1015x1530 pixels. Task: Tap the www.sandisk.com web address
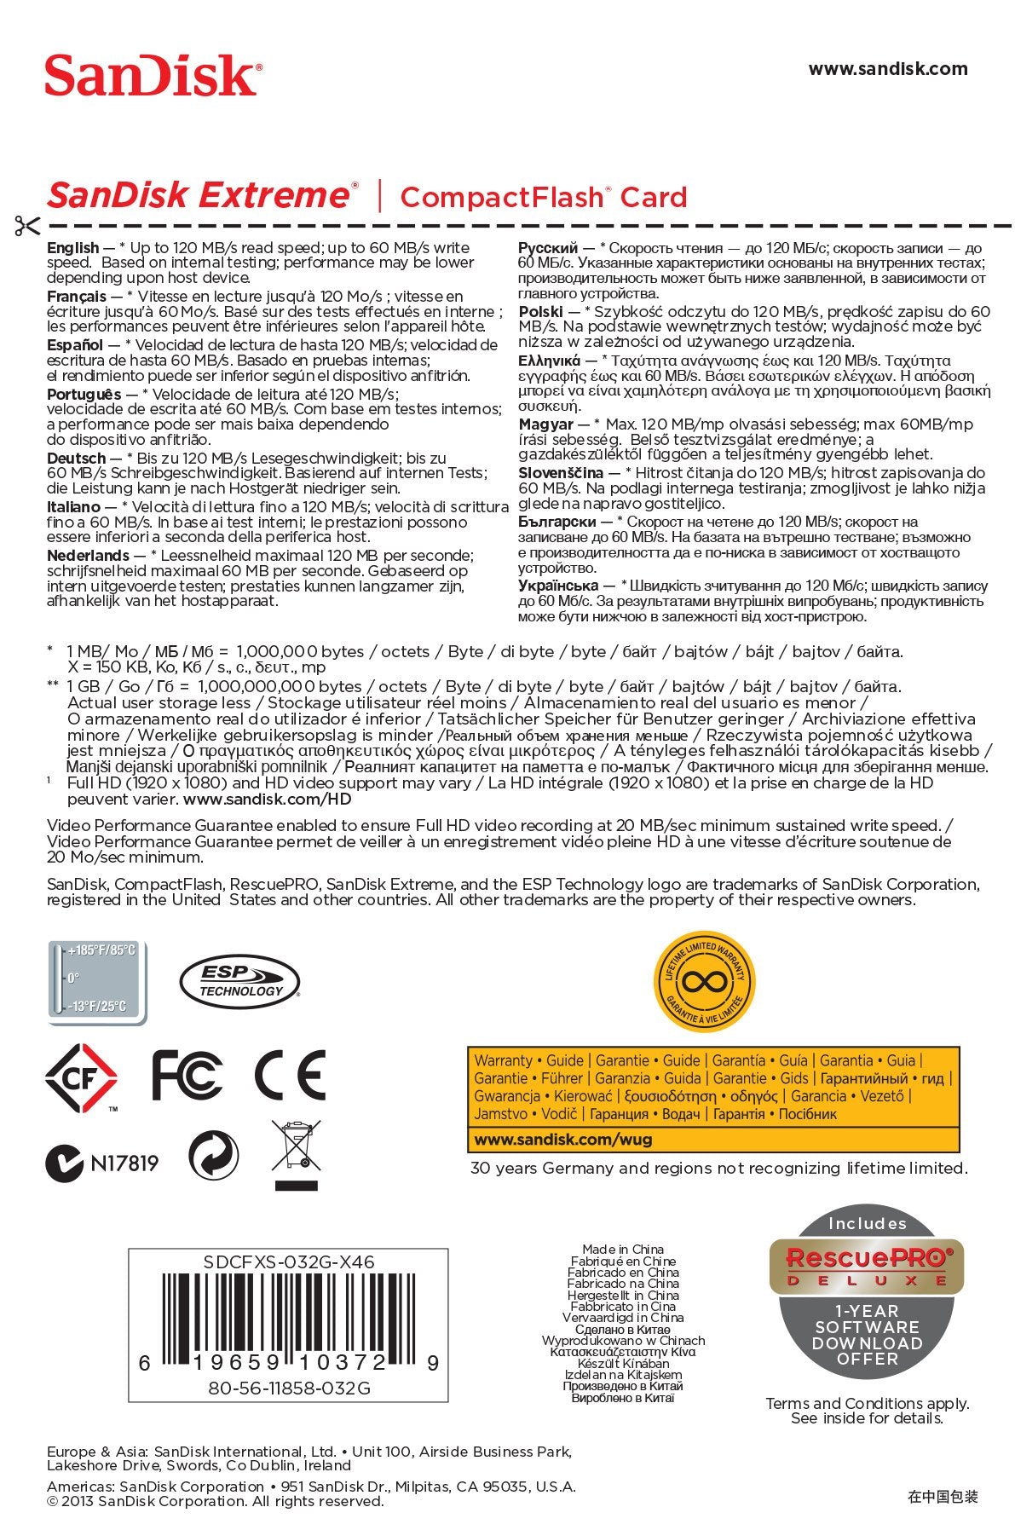[887, 69]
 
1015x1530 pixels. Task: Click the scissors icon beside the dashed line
[26, 226]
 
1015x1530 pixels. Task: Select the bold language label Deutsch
[76, 459]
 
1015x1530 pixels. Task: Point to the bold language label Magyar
[545, 424]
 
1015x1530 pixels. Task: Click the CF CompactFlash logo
[81, 1077]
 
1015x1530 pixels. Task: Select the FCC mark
[187, 1075]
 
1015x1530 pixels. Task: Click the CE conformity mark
[290, 1075]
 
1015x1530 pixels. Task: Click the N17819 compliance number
[124, 1163]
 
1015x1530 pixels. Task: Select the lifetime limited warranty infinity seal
[704, 982]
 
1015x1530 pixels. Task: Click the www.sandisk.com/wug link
[563, 1140]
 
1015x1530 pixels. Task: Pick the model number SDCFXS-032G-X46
[289, 1262]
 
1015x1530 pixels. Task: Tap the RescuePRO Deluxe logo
[866, 1263]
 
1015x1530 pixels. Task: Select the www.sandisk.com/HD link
[267, 800]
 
